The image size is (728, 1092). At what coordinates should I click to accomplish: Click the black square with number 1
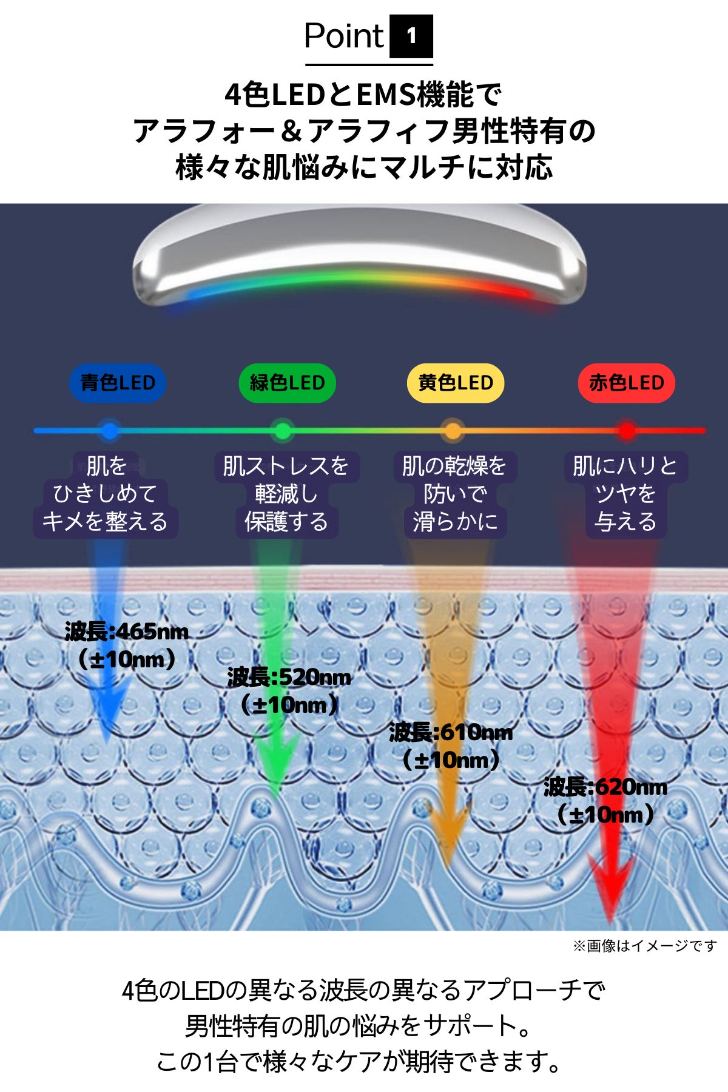[x=411, y=36]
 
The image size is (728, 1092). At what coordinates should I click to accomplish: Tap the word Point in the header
[x=343, y=36]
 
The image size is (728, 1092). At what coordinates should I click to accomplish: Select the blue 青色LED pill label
[x=118, y=383]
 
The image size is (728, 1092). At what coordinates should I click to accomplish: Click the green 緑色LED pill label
[x=287, y=383]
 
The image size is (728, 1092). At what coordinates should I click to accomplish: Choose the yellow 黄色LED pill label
[x=456, y=383]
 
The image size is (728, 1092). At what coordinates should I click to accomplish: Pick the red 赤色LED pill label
[x=627, y=383]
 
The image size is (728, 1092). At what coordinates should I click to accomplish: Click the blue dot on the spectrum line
[x=109, y=431]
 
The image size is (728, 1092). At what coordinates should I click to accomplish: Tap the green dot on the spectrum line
[x=282, y=431]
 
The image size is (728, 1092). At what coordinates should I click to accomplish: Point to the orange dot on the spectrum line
[x=453, y=431]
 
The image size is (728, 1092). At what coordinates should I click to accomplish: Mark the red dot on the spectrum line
[x=627, y=431]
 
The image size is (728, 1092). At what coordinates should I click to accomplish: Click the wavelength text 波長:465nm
[x=127, y=632]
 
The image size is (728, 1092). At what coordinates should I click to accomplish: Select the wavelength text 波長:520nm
[x=289, y=677]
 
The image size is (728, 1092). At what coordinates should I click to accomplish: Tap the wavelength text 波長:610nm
[x=451, y=732]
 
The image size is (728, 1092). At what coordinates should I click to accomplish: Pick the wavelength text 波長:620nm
[x=605, y=787]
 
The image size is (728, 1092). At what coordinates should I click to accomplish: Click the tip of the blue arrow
[x=107, y=743]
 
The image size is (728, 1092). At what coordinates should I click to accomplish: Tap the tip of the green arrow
[x=276, y=798]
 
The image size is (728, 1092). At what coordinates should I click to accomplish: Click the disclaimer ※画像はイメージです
[x=645, y=946]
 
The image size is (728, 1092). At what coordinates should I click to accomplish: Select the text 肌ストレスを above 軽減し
[x=286, y=466]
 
